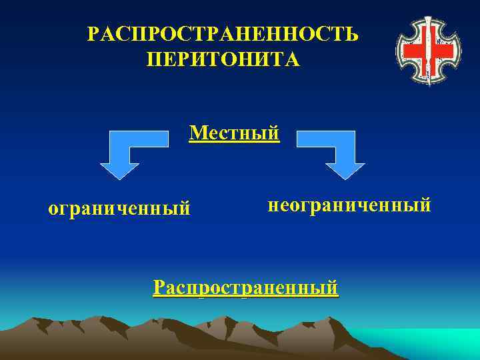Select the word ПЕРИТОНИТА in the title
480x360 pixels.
(x=223, y=59)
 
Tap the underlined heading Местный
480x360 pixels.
(x=234, y=133)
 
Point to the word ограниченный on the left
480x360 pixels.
(x=119, y=209)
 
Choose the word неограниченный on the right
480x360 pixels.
(x=349, y=204)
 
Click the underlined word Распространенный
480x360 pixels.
(x=245, y=287)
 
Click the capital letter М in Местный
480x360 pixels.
(x=196, y=133)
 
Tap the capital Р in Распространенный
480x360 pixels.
(x=158, y=287)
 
